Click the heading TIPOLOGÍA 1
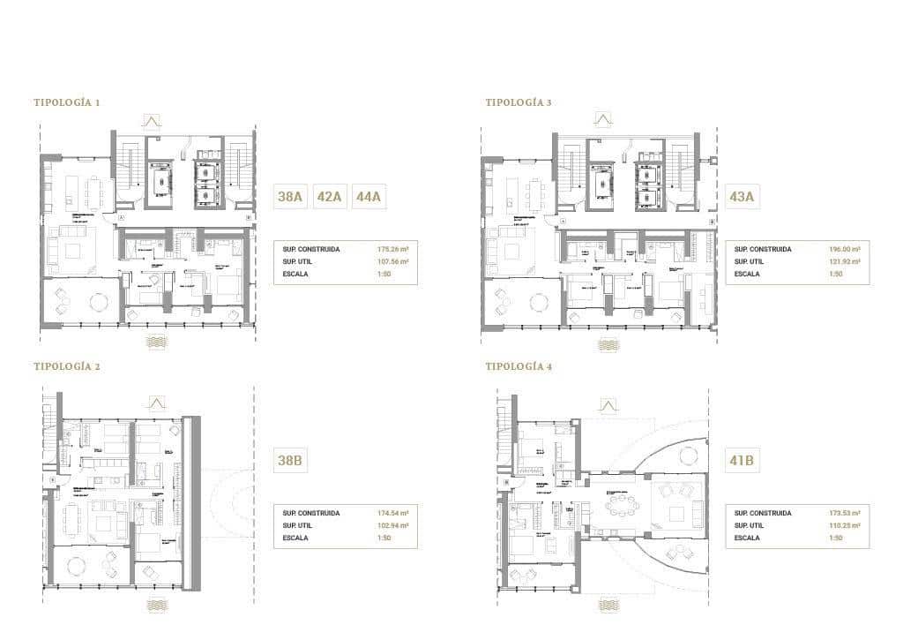[67, 102]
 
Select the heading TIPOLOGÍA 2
[67, 366]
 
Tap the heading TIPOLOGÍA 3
[519, 102]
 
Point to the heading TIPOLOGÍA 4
[519, 366]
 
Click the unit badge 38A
[290, 197]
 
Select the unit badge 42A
[329, 197]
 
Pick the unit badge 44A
[367, 197]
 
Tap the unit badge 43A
[742, 197]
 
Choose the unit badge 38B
[290, 460]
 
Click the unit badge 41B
[742, 460]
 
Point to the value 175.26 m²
[392, 250]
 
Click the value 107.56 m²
[392, 262]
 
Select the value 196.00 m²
[844, 250]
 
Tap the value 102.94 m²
[392, 525]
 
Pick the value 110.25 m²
[844, 525]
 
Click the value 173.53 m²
[844, 513]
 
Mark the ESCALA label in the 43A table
[748, 275]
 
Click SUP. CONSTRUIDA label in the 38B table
[309, 513]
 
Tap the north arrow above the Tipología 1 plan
[152, 122]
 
